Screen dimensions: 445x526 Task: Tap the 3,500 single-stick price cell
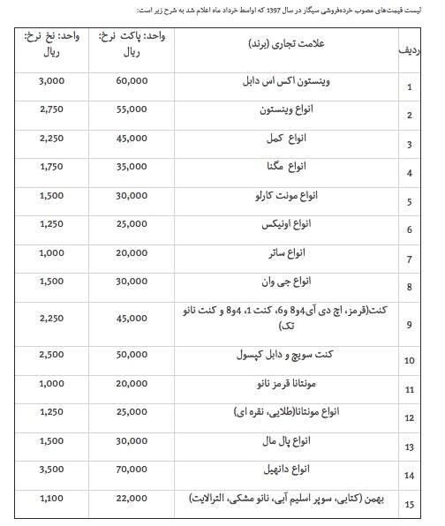point(52,470)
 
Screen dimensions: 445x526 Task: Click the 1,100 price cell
point(52,499)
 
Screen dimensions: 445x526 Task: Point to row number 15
point(409,505)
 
